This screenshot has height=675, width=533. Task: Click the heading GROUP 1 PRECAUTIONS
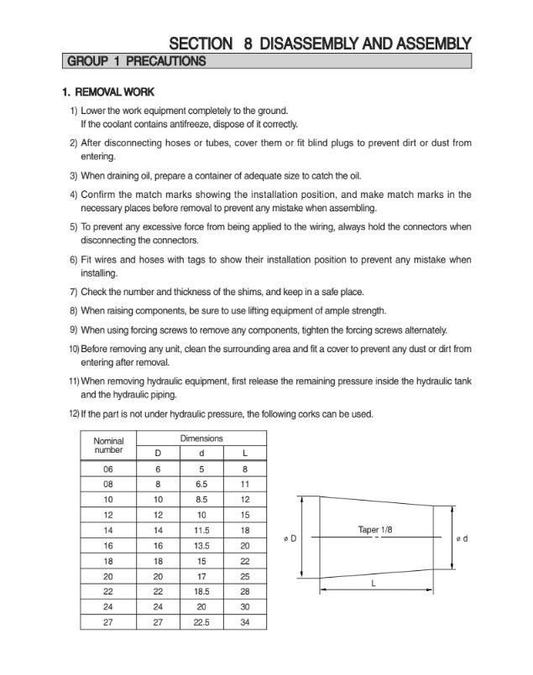pyautogui.click(x=136, y=61)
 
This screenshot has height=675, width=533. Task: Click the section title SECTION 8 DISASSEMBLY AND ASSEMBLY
pyautogui.click(x=320, y=43)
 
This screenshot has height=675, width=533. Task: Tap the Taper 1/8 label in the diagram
pyautogui.click(x=376, y=529)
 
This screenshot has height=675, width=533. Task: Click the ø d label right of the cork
pyautogui.click(x=462, y=537)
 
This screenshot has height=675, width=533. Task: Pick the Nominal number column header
pyautogui.click(x=108, y=445)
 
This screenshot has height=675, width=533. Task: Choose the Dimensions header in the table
pyautogui.click(x=201, y=439)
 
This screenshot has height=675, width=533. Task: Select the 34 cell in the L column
pyautogui.click(x=244, y=622)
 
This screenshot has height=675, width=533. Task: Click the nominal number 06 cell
pyautogui.click(x=108, y=469)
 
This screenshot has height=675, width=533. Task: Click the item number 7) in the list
pyautogui.click(x=73, y=292)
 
